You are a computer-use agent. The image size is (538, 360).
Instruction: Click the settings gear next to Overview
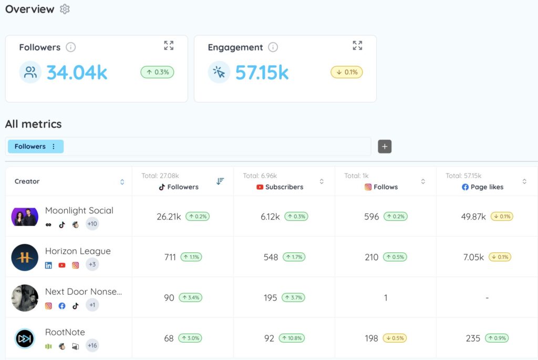(65, 9)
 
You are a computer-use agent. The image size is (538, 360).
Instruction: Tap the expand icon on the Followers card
(169, 46)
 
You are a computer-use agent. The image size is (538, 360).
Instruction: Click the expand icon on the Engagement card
(357, 46)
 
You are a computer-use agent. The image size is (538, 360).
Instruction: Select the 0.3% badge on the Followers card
(157, 72)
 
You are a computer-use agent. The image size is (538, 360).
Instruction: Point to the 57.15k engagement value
(262, 73)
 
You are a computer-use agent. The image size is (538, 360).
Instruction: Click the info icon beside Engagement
(273, 47)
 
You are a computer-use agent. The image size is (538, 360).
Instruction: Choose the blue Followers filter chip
(35, 147)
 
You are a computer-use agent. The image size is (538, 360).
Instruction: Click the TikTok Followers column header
(179, 187)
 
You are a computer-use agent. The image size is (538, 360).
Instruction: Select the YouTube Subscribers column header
(280, 187)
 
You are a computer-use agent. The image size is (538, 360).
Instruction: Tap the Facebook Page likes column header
(482, 187)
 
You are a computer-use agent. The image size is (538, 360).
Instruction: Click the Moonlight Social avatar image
(25, 217)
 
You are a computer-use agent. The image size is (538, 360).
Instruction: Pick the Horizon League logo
(25, 257)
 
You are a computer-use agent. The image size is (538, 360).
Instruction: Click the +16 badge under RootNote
(92, 345)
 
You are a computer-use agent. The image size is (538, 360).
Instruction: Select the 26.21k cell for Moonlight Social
(169, 217)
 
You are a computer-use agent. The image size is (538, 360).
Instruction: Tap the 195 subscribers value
(271, 297)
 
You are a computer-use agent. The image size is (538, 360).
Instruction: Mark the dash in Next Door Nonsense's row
(487, 298)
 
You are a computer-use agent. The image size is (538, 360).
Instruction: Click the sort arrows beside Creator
(122, 182)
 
